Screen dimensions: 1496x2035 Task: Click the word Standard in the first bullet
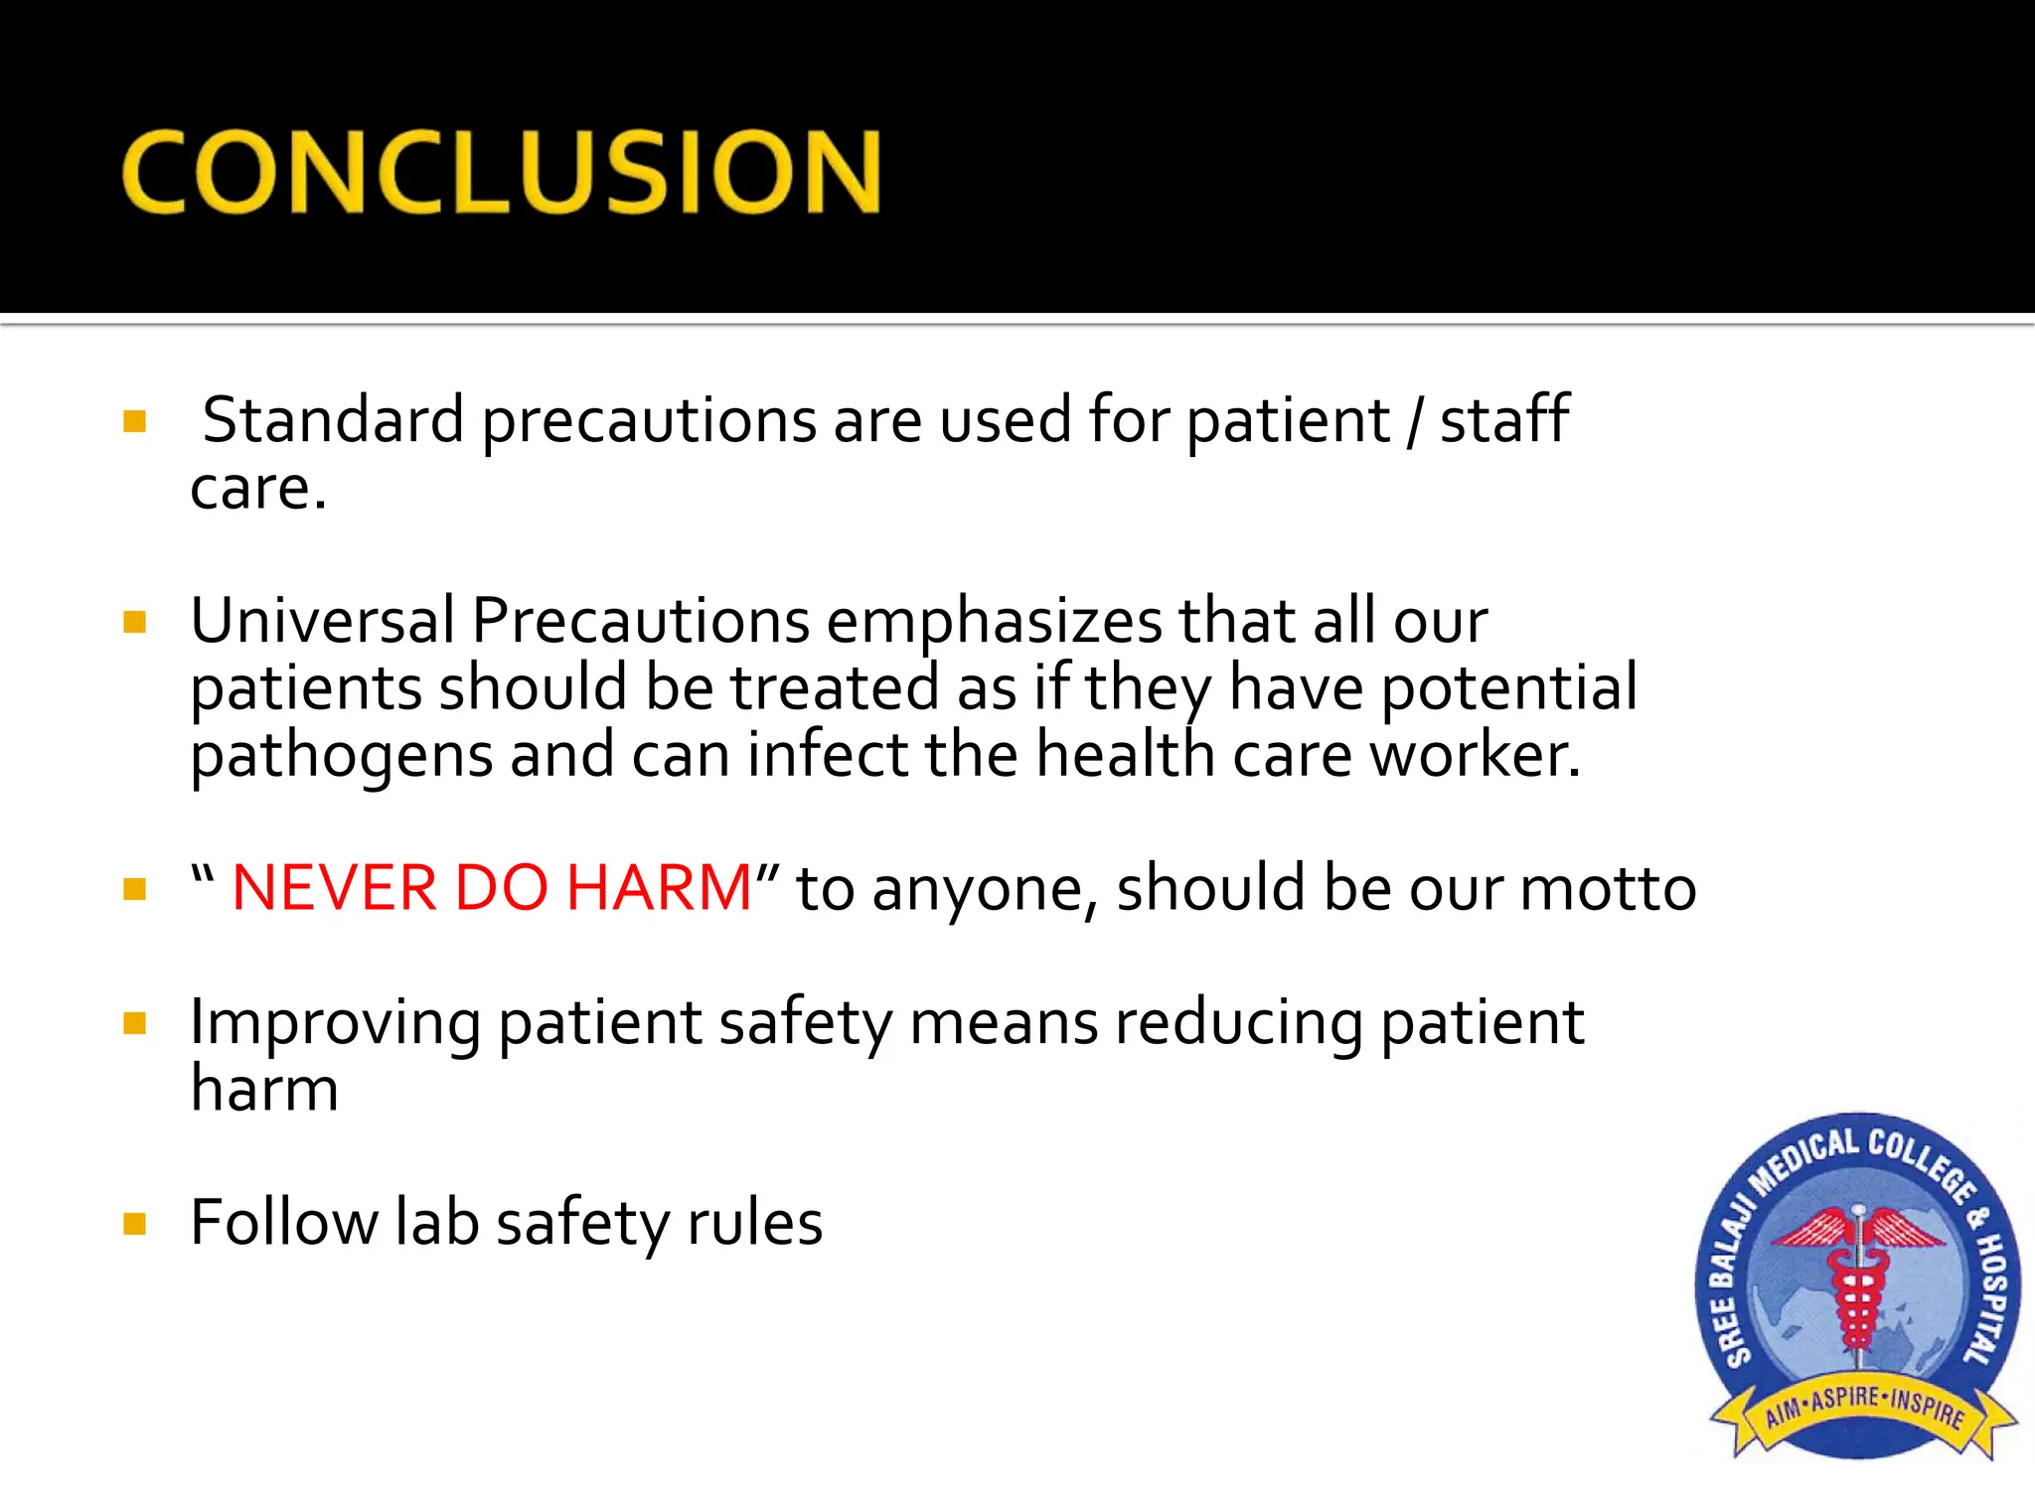(x=333, y=420)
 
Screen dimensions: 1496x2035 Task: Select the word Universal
(x=322, y=621)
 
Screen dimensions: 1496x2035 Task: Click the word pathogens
(x=341, y=757)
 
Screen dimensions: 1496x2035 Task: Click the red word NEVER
(x=334, y=887)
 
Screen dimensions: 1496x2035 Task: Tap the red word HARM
(x=659, y=887)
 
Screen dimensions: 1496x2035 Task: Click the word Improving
(x=335, y=1023)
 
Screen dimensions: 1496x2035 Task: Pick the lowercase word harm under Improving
(x=264, y=1089)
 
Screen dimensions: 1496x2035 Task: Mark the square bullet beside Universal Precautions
(x=135, y=623)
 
